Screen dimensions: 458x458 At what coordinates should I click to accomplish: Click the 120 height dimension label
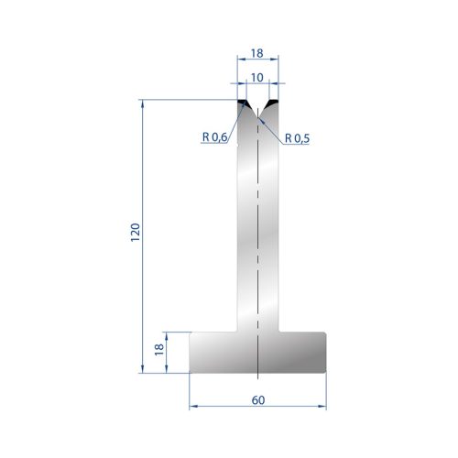136,233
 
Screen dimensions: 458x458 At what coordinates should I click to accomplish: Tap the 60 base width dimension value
258,400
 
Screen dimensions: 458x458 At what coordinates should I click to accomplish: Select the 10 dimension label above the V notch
257,78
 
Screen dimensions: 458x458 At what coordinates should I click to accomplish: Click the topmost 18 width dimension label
257,53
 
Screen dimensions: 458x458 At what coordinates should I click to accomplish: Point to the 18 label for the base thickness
159,350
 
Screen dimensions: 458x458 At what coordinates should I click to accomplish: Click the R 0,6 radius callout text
214,137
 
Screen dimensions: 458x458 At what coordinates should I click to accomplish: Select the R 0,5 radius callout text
297,138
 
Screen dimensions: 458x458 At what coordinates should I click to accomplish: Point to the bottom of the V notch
258,117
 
